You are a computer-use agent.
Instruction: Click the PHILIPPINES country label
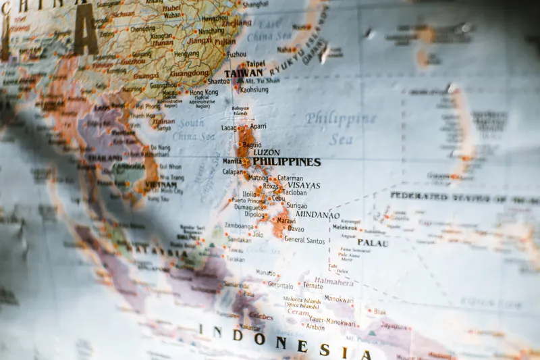[x=286, y=162]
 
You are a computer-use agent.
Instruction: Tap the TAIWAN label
[x=243, y=73]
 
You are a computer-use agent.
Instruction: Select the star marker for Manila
[x=244, y=161]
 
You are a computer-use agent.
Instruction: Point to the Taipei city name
[x=255, y=64]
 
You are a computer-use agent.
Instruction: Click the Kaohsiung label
[x=254, y=89]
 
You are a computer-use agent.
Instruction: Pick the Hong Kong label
[x=203, y=92]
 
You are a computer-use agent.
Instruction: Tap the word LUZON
[x=266, y=153]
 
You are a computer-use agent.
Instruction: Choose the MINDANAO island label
[x=317, y=215]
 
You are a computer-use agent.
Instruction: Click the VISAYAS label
[x=304, y=186]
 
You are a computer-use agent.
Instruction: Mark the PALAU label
[x=372, y=242]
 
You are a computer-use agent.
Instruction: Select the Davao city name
[x=296, y=229]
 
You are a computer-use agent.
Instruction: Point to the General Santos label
[x=304, y=240]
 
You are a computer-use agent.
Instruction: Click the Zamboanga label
[x=239, y=226]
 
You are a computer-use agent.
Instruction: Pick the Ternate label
[x=313, y=286]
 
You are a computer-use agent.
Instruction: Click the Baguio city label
[x=252, y=145]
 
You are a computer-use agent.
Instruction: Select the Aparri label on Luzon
[x=258, y=126]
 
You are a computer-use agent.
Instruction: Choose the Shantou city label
[x=218, y=81]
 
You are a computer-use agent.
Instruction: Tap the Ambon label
[x=315, y=327]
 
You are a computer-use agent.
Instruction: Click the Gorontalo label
[x=280, y=285]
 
